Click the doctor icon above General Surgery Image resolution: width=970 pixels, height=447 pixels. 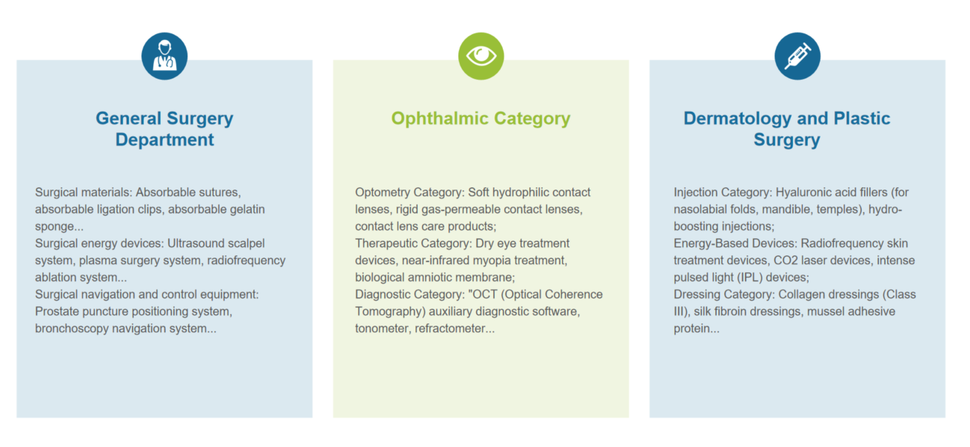click(164, 56)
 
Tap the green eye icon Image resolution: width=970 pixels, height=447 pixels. click(481, 56)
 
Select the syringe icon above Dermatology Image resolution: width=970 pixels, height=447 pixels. click(797, 56)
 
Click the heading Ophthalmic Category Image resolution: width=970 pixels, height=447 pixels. click(481, 118)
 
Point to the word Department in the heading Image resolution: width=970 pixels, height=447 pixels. click(164, 140)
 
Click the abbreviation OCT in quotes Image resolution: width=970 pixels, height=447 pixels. click(484, 295)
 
